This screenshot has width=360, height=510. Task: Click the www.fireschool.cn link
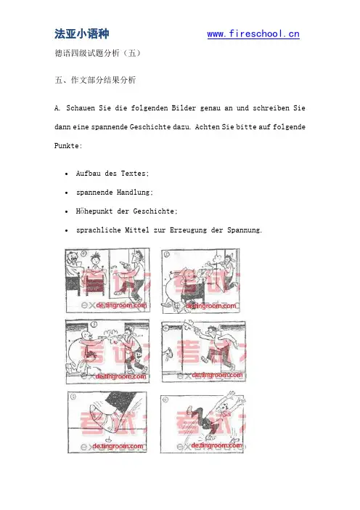click(253, 34)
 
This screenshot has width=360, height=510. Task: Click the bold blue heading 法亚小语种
click(82, 34)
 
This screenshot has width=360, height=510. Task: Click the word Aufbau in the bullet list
click(88, 174)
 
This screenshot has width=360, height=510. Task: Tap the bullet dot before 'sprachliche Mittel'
click(67, 230)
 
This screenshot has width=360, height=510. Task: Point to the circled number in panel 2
click(166, 254)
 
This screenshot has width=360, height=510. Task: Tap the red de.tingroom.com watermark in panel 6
click(217, 445)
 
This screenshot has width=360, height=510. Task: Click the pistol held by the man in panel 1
click(123, 264)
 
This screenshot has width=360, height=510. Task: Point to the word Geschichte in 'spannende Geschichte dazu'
click(150, 127)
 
